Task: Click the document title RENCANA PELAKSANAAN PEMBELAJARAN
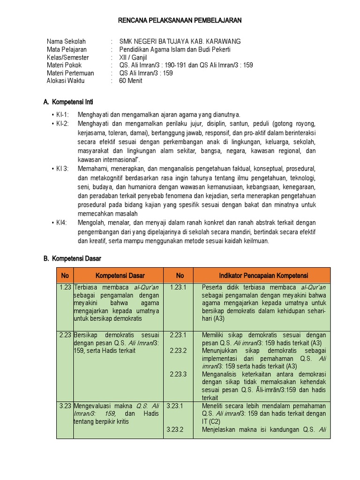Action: pyautogui.click(x=180, y=21)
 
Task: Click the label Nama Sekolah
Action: pyautogui.click(x=66, y=42)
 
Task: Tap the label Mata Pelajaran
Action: pyautogui.click(x=67, y=50)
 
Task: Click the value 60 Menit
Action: pyautogui.click(x=131, y=81)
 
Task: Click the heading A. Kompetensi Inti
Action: pyautogui.click(x=71, y=102)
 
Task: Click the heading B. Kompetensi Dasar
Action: pyautogui.click(x=72, y=258)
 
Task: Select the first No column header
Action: pyautogui.click(x=65, y=276)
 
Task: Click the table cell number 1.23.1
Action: pyautogui.click(x=178, y=287)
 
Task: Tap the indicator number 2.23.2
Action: pyautogui.click(x=178, y=351)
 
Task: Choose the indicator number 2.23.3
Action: pyautogui.click(x=178, y=374)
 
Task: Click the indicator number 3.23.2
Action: pyautogui.click(x=174, y=429)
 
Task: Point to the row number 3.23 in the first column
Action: pyautogui.click(x=65, y=405)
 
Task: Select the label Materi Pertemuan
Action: pyautogui.click(x=70, y=73)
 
